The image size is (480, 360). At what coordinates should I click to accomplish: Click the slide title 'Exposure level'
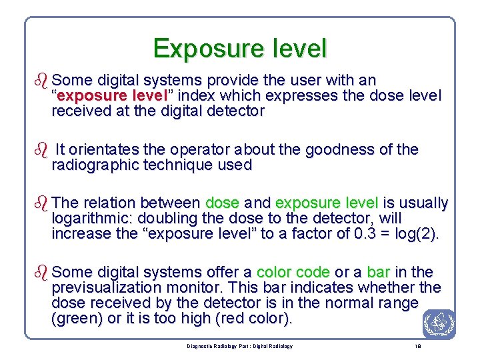point(240,49)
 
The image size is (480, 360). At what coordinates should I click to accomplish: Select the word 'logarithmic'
point(93,218)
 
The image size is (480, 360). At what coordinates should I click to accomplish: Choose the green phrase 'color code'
point(293,272)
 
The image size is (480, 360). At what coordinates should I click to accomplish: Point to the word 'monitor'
point(209,288)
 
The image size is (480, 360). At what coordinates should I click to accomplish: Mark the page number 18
point(417,347)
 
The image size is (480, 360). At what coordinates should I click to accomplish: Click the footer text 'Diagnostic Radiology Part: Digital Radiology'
point(239,347)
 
